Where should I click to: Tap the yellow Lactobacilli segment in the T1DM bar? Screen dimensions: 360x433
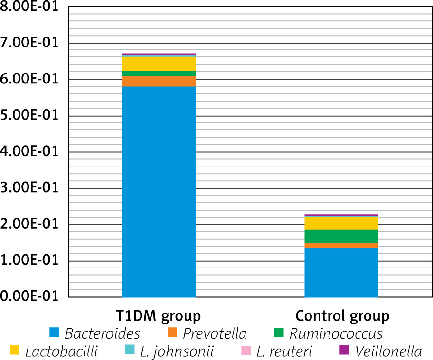159,64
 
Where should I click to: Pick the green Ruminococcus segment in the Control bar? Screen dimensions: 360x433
341,236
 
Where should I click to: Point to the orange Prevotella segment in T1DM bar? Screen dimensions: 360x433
159,81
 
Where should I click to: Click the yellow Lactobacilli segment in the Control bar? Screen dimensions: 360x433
341,223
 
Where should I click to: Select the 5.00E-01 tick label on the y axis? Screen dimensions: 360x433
29,116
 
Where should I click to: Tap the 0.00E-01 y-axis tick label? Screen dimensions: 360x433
29,297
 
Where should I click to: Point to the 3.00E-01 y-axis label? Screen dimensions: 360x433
29,189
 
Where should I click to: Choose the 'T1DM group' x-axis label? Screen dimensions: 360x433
159,315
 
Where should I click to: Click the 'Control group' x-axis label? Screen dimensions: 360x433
342,315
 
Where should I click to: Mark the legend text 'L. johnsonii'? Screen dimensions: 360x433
177,351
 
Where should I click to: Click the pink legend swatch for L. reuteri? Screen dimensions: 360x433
245,351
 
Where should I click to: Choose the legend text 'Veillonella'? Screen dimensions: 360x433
391,351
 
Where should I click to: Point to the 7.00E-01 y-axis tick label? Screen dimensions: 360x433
29,44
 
